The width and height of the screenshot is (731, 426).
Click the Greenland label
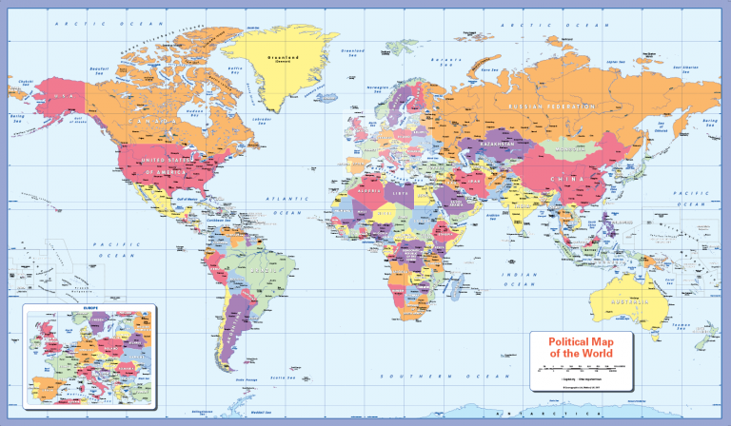pyautogui.click(x=283, y=56)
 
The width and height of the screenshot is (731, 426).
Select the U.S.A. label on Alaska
pyautogui.click(x=64, y=95)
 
